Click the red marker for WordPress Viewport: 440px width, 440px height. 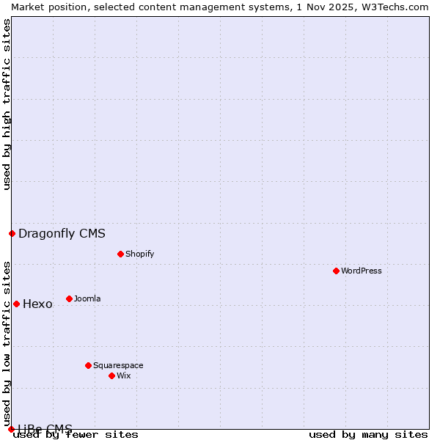pos(337,271)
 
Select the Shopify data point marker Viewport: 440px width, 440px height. pos(121,254)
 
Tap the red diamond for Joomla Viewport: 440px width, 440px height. pos(70,298)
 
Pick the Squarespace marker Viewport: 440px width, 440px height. pos(89,365)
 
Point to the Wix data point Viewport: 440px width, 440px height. pos(112,375)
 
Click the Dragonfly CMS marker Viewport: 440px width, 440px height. pos(12,233)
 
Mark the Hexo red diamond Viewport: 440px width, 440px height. pos(17,304)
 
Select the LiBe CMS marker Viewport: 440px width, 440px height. pos(12,429)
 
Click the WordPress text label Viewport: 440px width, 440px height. pos(362,271)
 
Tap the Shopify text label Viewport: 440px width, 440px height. pos(139,254)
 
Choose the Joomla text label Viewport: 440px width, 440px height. pos(87,298)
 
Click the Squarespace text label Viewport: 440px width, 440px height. pos(118,365)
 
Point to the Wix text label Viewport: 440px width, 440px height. pos(123,375)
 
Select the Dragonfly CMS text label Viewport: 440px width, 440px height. pos(62,234)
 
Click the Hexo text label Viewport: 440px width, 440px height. pos(37,304)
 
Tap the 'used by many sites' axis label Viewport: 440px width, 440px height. pos(368,434)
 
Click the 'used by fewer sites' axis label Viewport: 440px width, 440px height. pos(76,434)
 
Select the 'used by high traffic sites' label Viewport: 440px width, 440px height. pos(7,104)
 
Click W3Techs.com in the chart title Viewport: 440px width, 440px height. pos(393,7)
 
